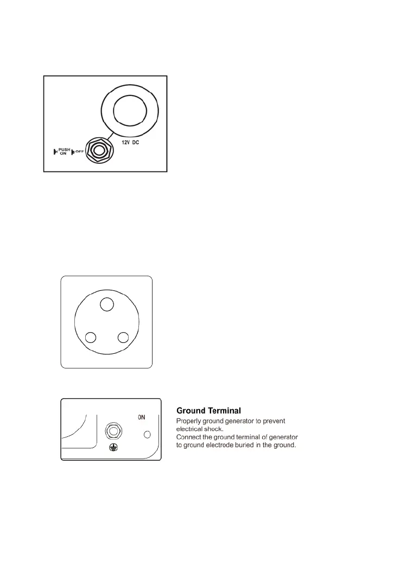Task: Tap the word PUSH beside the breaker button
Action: pos(65,149)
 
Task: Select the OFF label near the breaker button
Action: pos(79,151)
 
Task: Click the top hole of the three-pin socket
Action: pos(107,304)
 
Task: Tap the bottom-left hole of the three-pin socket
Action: pos(91,338)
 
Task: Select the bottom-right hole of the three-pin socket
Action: pos(123,338)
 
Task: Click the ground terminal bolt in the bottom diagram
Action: pos(113,431)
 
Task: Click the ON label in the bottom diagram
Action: pos(141,417)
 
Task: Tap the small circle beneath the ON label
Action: pos(148,435)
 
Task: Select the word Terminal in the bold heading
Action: pos(227,411)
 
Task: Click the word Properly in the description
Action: pos(189,421)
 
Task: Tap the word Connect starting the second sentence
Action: pos(190,437)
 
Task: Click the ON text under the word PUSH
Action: pos(62,154)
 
